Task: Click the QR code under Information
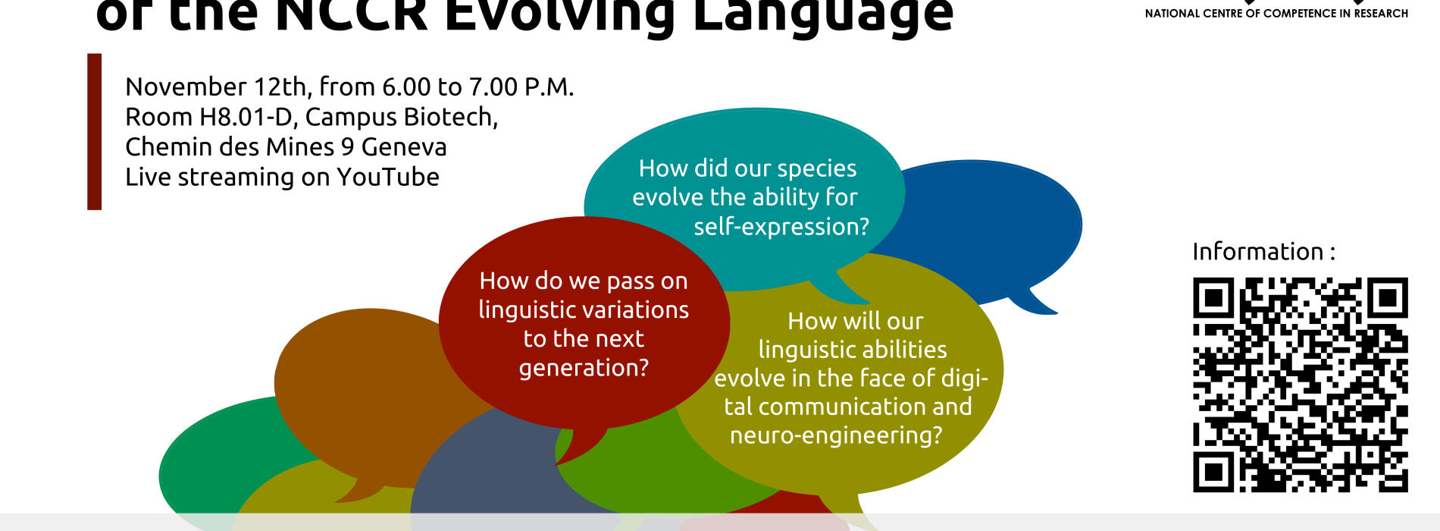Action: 1301,385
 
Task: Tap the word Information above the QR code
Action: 1257,251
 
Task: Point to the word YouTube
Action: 388,177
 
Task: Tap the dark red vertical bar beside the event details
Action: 95,131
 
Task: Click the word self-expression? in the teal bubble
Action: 781,226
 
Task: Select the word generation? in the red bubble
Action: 584,368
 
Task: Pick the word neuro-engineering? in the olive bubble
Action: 836,435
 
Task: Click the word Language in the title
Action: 823,17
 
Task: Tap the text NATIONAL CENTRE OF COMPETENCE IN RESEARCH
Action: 1276,14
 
